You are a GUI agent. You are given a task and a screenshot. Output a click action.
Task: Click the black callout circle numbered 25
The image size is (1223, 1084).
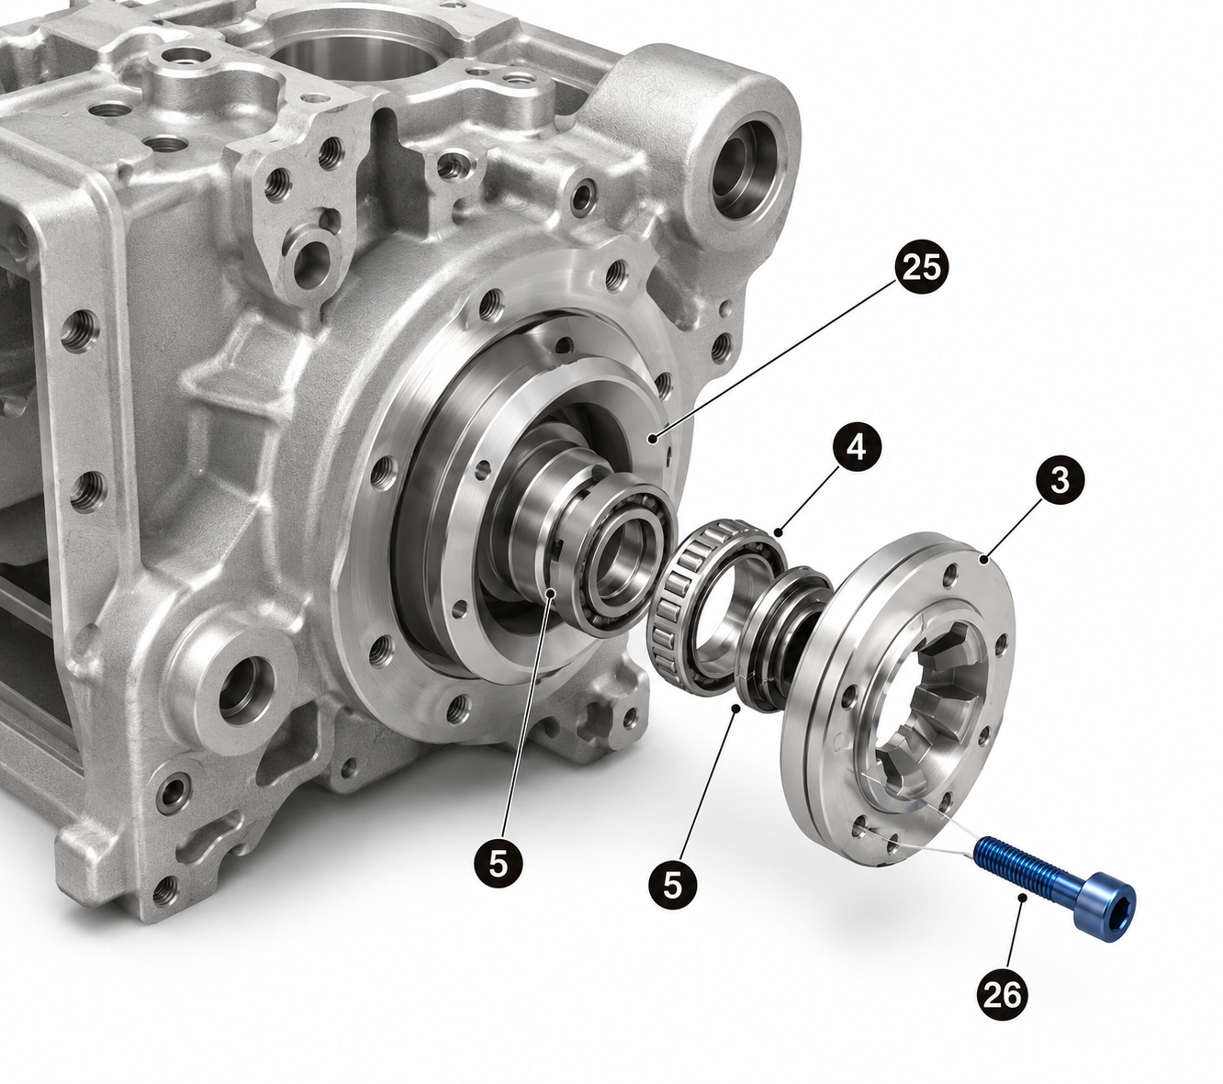point(921,267)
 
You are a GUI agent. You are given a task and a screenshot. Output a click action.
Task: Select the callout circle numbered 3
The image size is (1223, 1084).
point(1060,480)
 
